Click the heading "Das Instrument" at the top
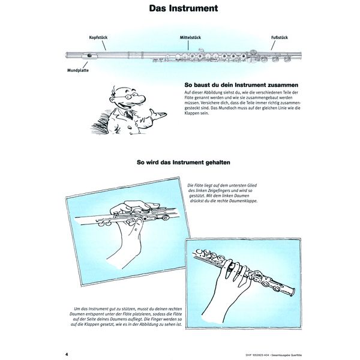pos(180,10)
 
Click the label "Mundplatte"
pos(70,70)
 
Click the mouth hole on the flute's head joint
pos(89,56)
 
